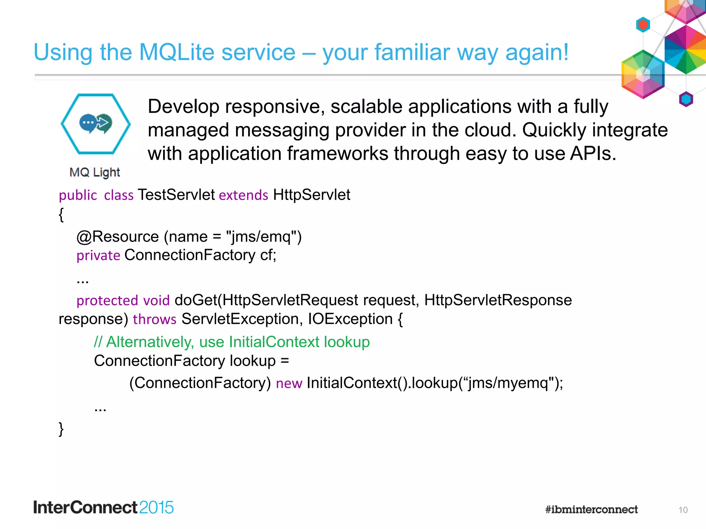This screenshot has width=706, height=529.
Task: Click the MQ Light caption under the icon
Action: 94,172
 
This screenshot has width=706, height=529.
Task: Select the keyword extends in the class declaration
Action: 243,195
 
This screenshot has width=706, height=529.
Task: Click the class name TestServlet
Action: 176,195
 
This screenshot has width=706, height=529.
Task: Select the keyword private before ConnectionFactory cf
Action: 98,256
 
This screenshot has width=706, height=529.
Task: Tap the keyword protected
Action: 107,301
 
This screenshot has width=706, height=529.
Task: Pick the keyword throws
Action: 154,319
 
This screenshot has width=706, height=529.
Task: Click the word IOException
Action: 350,319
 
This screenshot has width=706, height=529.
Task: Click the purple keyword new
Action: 289,383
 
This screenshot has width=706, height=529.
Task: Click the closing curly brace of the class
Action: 61,429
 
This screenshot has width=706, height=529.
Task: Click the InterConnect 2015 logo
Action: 103,508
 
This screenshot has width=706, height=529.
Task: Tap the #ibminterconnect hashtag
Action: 591,509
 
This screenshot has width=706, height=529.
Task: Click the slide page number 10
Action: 683,510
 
